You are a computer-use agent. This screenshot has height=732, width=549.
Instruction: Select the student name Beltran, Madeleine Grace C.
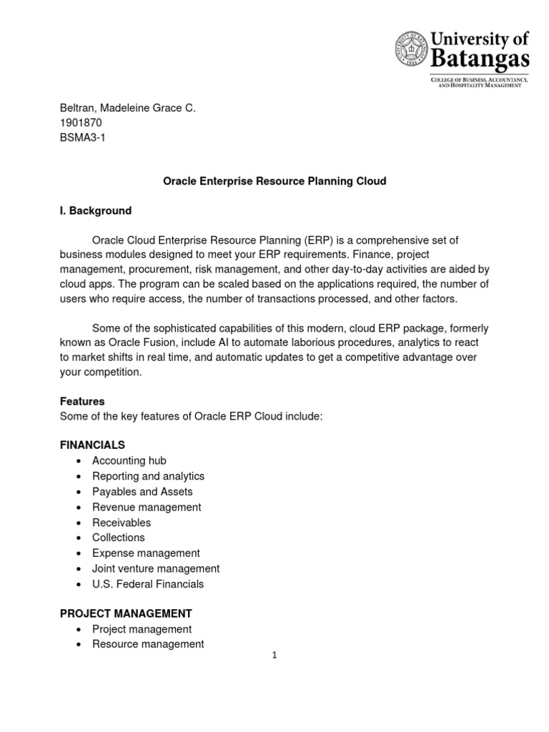point(127,107)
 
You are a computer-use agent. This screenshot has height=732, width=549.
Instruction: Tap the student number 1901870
point(80,122)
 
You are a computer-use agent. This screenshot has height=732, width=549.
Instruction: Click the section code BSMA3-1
point(81,137)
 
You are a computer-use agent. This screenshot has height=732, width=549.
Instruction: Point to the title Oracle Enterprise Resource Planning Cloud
point(274,182)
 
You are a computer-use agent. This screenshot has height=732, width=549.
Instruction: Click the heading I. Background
point(95,211)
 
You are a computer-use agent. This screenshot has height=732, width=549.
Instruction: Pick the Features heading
point(81,402)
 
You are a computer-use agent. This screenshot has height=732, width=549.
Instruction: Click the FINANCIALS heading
point(92,445)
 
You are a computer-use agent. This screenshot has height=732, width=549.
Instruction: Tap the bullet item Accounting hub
point(129,461)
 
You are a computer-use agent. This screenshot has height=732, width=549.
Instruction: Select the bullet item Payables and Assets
point(142,492)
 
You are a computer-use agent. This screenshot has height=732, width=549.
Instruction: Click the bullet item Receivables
point(122,523)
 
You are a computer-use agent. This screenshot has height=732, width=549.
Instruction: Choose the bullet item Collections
point(118,538)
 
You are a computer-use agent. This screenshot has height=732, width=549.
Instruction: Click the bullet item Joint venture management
point(156,568)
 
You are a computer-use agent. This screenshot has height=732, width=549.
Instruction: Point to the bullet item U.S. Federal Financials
point(148,584)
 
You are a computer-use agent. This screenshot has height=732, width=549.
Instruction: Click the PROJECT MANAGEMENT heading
point(125,613)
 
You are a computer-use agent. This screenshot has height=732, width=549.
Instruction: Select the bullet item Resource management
point(148,644)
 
